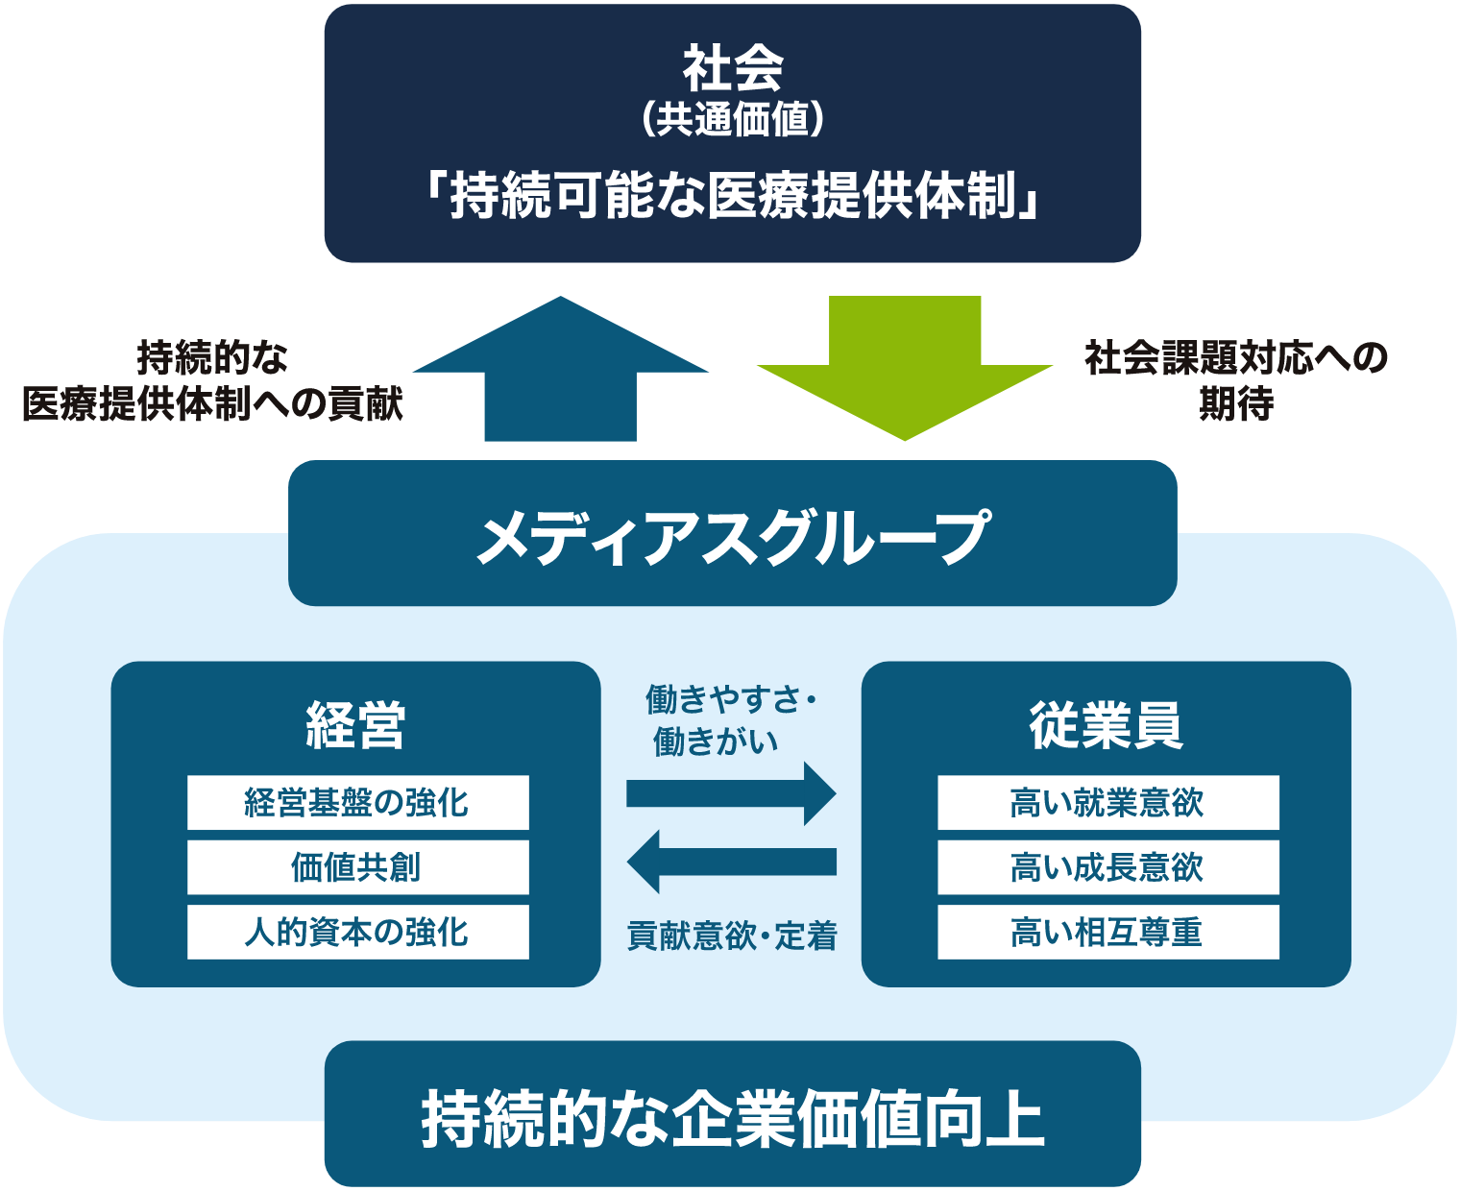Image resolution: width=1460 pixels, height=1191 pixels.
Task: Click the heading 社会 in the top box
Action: [732, 69]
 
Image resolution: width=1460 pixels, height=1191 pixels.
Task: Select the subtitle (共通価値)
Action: [732, 120]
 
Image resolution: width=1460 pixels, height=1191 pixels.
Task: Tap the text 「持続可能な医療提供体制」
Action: [732, 196]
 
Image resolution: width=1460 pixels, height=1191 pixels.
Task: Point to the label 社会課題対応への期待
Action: [1235, 380]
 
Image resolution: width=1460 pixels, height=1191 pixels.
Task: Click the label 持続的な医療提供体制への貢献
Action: [212, 380]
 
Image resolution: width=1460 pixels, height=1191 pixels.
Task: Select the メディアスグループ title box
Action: [732, 534]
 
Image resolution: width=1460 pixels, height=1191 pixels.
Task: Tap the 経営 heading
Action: [355, 725]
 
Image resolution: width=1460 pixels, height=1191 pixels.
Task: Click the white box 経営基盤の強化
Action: [357, 803]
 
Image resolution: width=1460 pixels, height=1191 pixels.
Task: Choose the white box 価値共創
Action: [357, 867]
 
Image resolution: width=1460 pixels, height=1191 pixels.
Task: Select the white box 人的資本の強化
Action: [357, 932]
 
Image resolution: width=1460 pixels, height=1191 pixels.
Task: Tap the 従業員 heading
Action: [1106, 725]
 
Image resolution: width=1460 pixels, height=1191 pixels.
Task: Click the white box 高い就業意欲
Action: [1107, 803]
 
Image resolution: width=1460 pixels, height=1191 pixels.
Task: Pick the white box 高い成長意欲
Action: [1107, 867]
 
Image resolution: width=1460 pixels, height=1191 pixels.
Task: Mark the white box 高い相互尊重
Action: [1107, 932]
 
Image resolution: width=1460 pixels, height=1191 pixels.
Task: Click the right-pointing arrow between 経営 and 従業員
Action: [731, 793]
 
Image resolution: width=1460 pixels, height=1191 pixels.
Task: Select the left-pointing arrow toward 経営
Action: [731, 862]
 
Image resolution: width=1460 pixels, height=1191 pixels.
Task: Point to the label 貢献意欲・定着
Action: [732, 935]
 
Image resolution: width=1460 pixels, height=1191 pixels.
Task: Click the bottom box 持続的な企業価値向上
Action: [732, 1116]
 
